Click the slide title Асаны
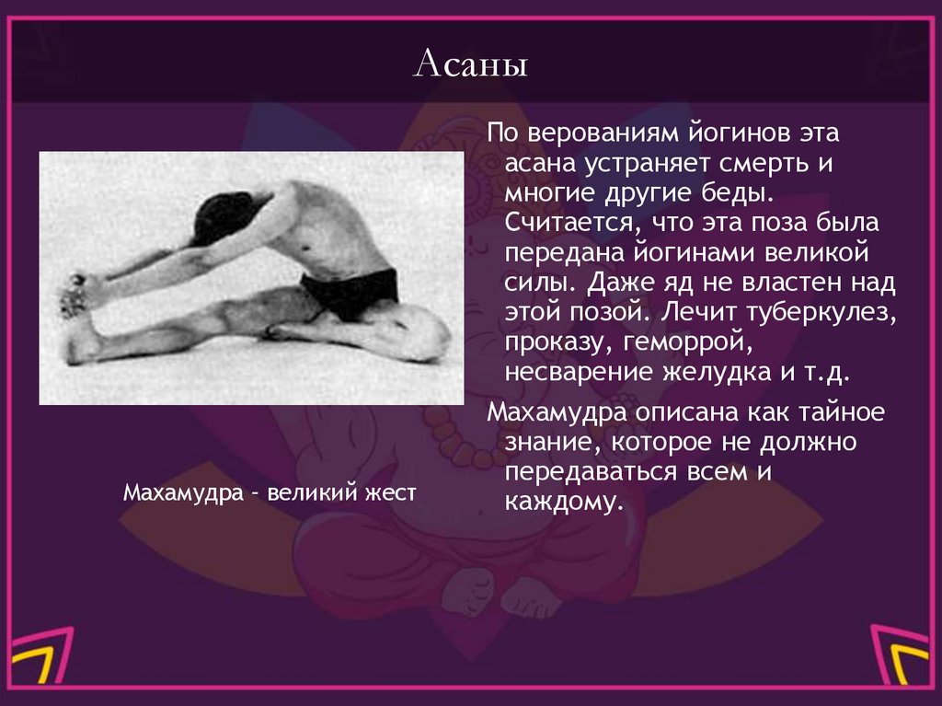(x=470, y=67)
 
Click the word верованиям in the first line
(x=601, y=134)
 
